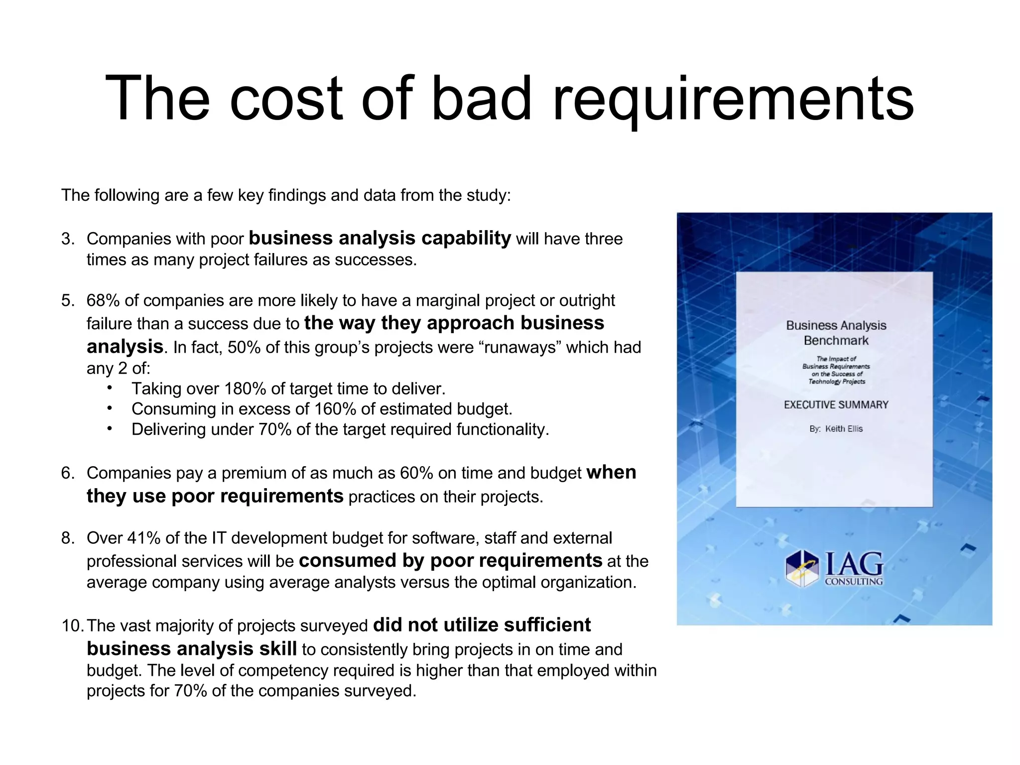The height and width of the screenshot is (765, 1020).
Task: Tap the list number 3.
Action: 67,239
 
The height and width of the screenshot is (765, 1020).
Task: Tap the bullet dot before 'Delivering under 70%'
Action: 110,428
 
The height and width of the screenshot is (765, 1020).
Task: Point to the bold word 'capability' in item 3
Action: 466,238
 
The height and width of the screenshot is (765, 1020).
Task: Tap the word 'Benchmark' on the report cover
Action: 836,341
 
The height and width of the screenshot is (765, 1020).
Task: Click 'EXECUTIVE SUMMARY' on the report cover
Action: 836,405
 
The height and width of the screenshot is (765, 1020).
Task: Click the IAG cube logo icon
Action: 802,569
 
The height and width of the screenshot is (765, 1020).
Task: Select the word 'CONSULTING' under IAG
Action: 854,581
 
